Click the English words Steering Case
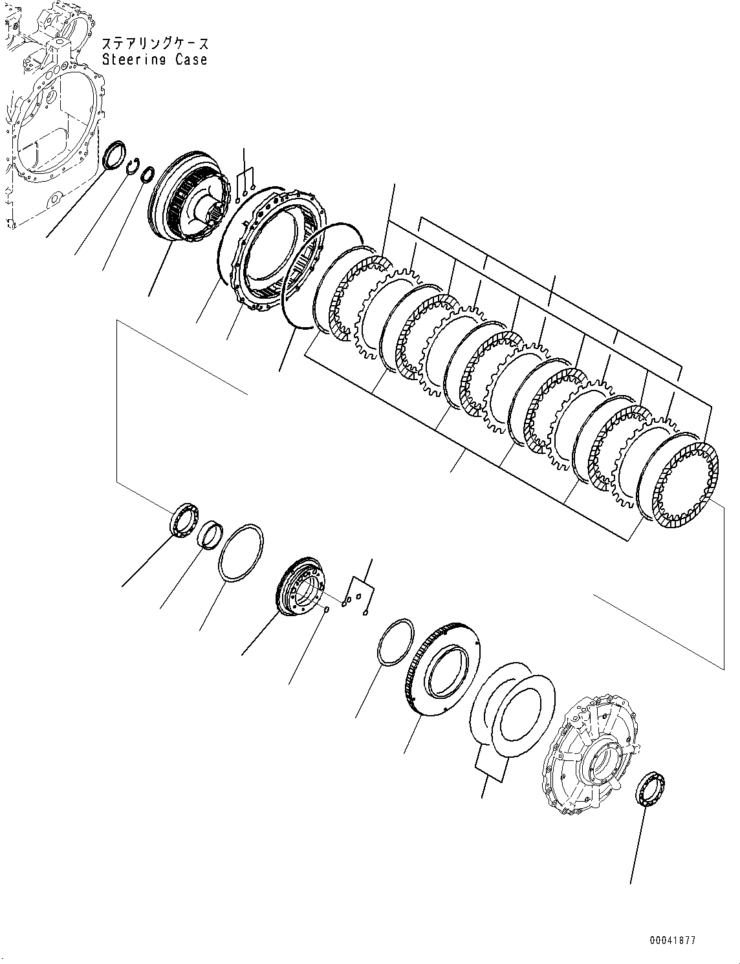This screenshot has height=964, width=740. (x=155, y=59)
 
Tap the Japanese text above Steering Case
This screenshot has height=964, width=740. (x=155, y=44)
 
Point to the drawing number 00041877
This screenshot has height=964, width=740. (x=673, y=941)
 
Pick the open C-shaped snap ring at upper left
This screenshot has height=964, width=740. (x=133, y=167)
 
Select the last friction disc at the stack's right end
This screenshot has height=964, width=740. (x=686, y=478)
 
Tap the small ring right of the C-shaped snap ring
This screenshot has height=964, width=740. (x=147, y=175)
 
